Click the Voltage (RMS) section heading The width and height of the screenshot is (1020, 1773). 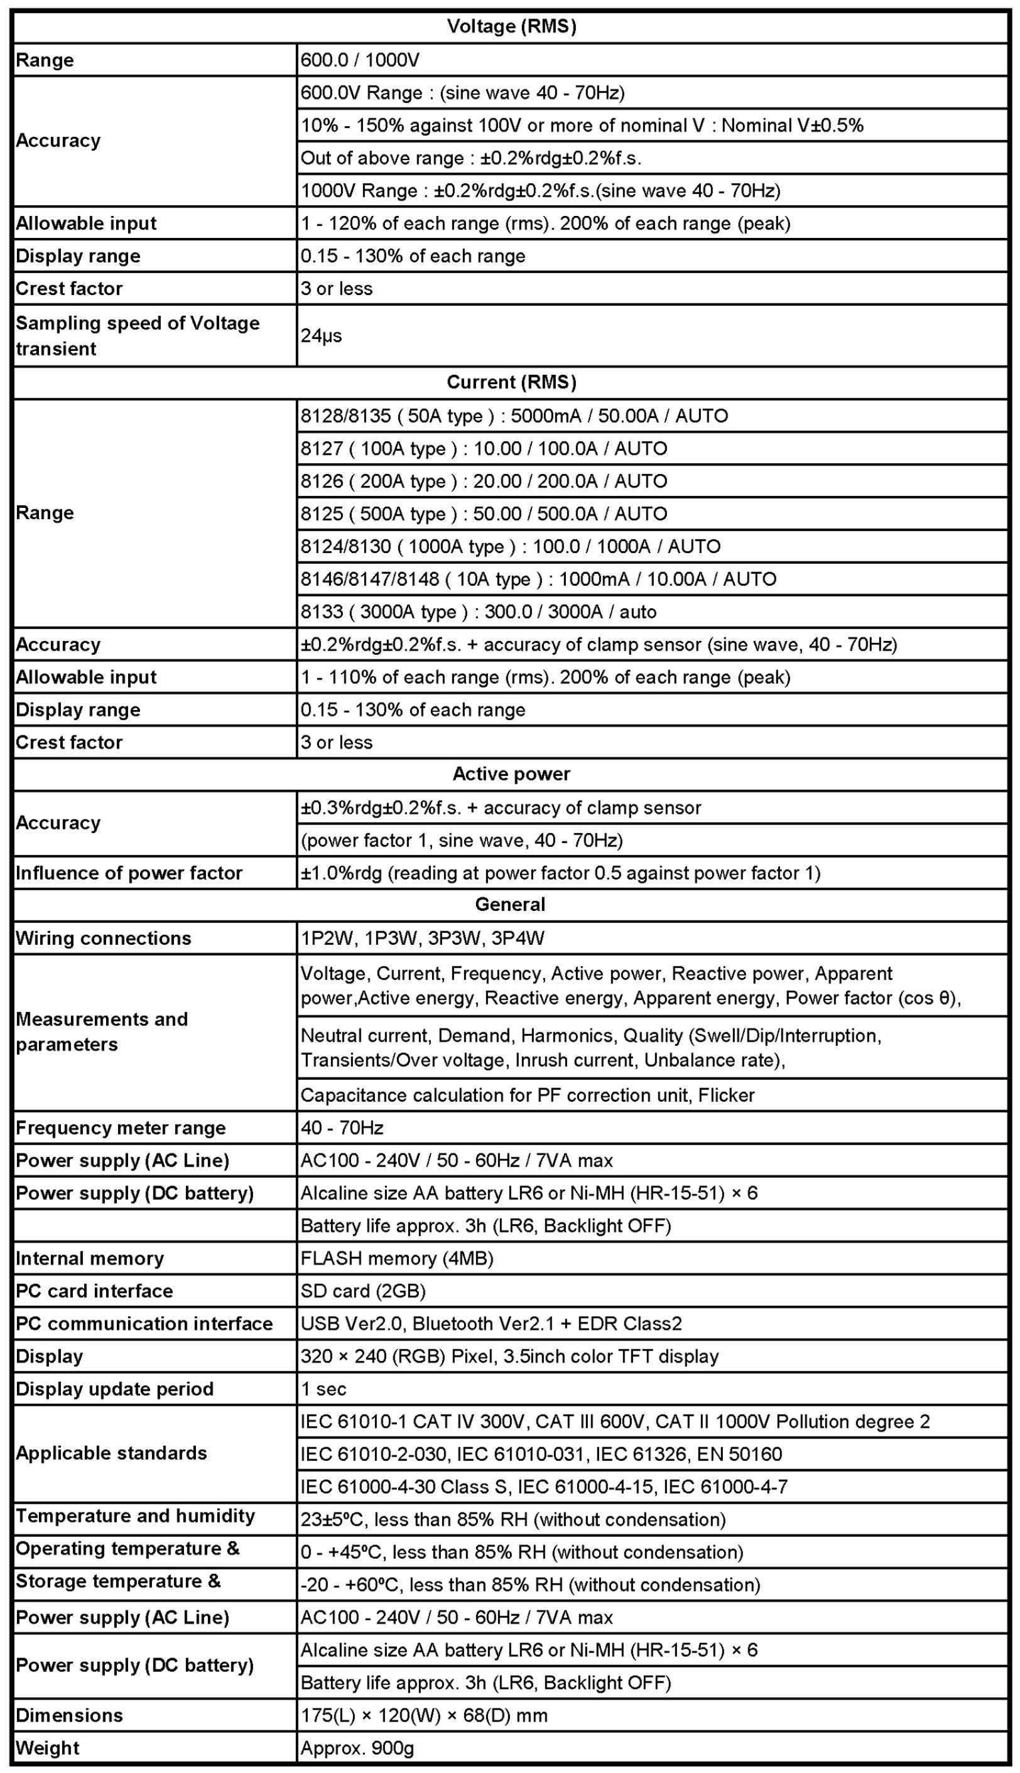click(x=511, y=26)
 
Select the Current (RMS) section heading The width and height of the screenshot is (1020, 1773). click(x=511, y=382)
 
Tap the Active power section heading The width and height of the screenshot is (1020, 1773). click(x=511, y=773)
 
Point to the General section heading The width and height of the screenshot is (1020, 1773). click(x=510, y=904)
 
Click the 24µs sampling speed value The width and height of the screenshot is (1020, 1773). click(x=322, y=335)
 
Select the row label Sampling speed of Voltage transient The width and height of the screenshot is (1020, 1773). click(x=138, y=335)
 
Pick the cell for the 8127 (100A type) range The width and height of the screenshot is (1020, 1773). click(x=484, y=448)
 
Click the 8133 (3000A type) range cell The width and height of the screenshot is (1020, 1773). click(x=479, y=612)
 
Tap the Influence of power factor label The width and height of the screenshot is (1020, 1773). click(x=129, y=873)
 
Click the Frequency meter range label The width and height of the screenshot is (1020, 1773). click(x=121, y=1128)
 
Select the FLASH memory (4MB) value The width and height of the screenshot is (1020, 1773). click(x=397, y=1258)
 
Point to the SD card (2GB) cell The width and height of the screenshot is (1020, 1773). click(x=364, y=1291)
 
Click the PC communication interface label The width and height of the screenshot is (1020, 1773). click(x=144, y=1323)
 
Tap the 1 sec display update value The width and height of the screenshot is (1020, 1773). click(x=323, y=1389)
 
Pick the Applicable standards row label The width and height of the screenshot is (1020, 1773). click(x=111, y=1453)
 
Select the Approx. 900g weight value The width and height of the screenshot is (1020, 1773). click(x=358, y=1748)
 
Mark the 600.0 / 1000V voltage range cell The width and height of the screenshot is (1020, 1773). click(x=360, y=60)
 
